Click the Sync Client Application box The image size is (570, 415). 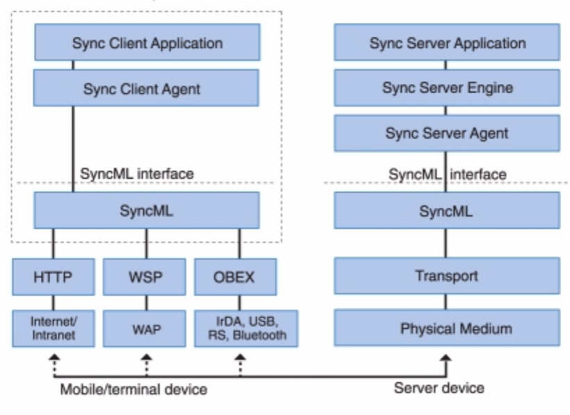pos(147,43)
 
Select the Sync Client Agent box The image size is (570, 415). pos(147,88)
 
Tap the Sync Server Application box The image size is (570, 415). pos(447,43)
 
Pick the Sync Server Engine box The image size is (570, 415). pos(447,88)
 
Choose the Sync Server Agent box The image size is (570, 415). pos(447,133)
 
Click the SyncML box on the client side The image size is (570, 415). pos(147,211)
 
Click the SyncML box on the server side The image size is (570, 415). pos(447,211)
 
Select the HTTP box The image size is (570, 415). pos(54,277)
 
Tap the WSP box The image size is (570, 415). pos(146,277)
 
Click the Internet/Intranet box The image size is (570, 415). pos(54,329)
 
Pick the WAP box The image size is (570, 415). pos(146,329)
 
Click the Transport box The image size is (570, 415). pos(447,276)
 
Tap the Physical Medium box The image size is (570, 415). pos(447,329)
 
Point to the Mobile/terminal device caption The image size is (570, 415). pos(133,389)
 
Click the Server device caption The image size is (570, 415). pos(439,387)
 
